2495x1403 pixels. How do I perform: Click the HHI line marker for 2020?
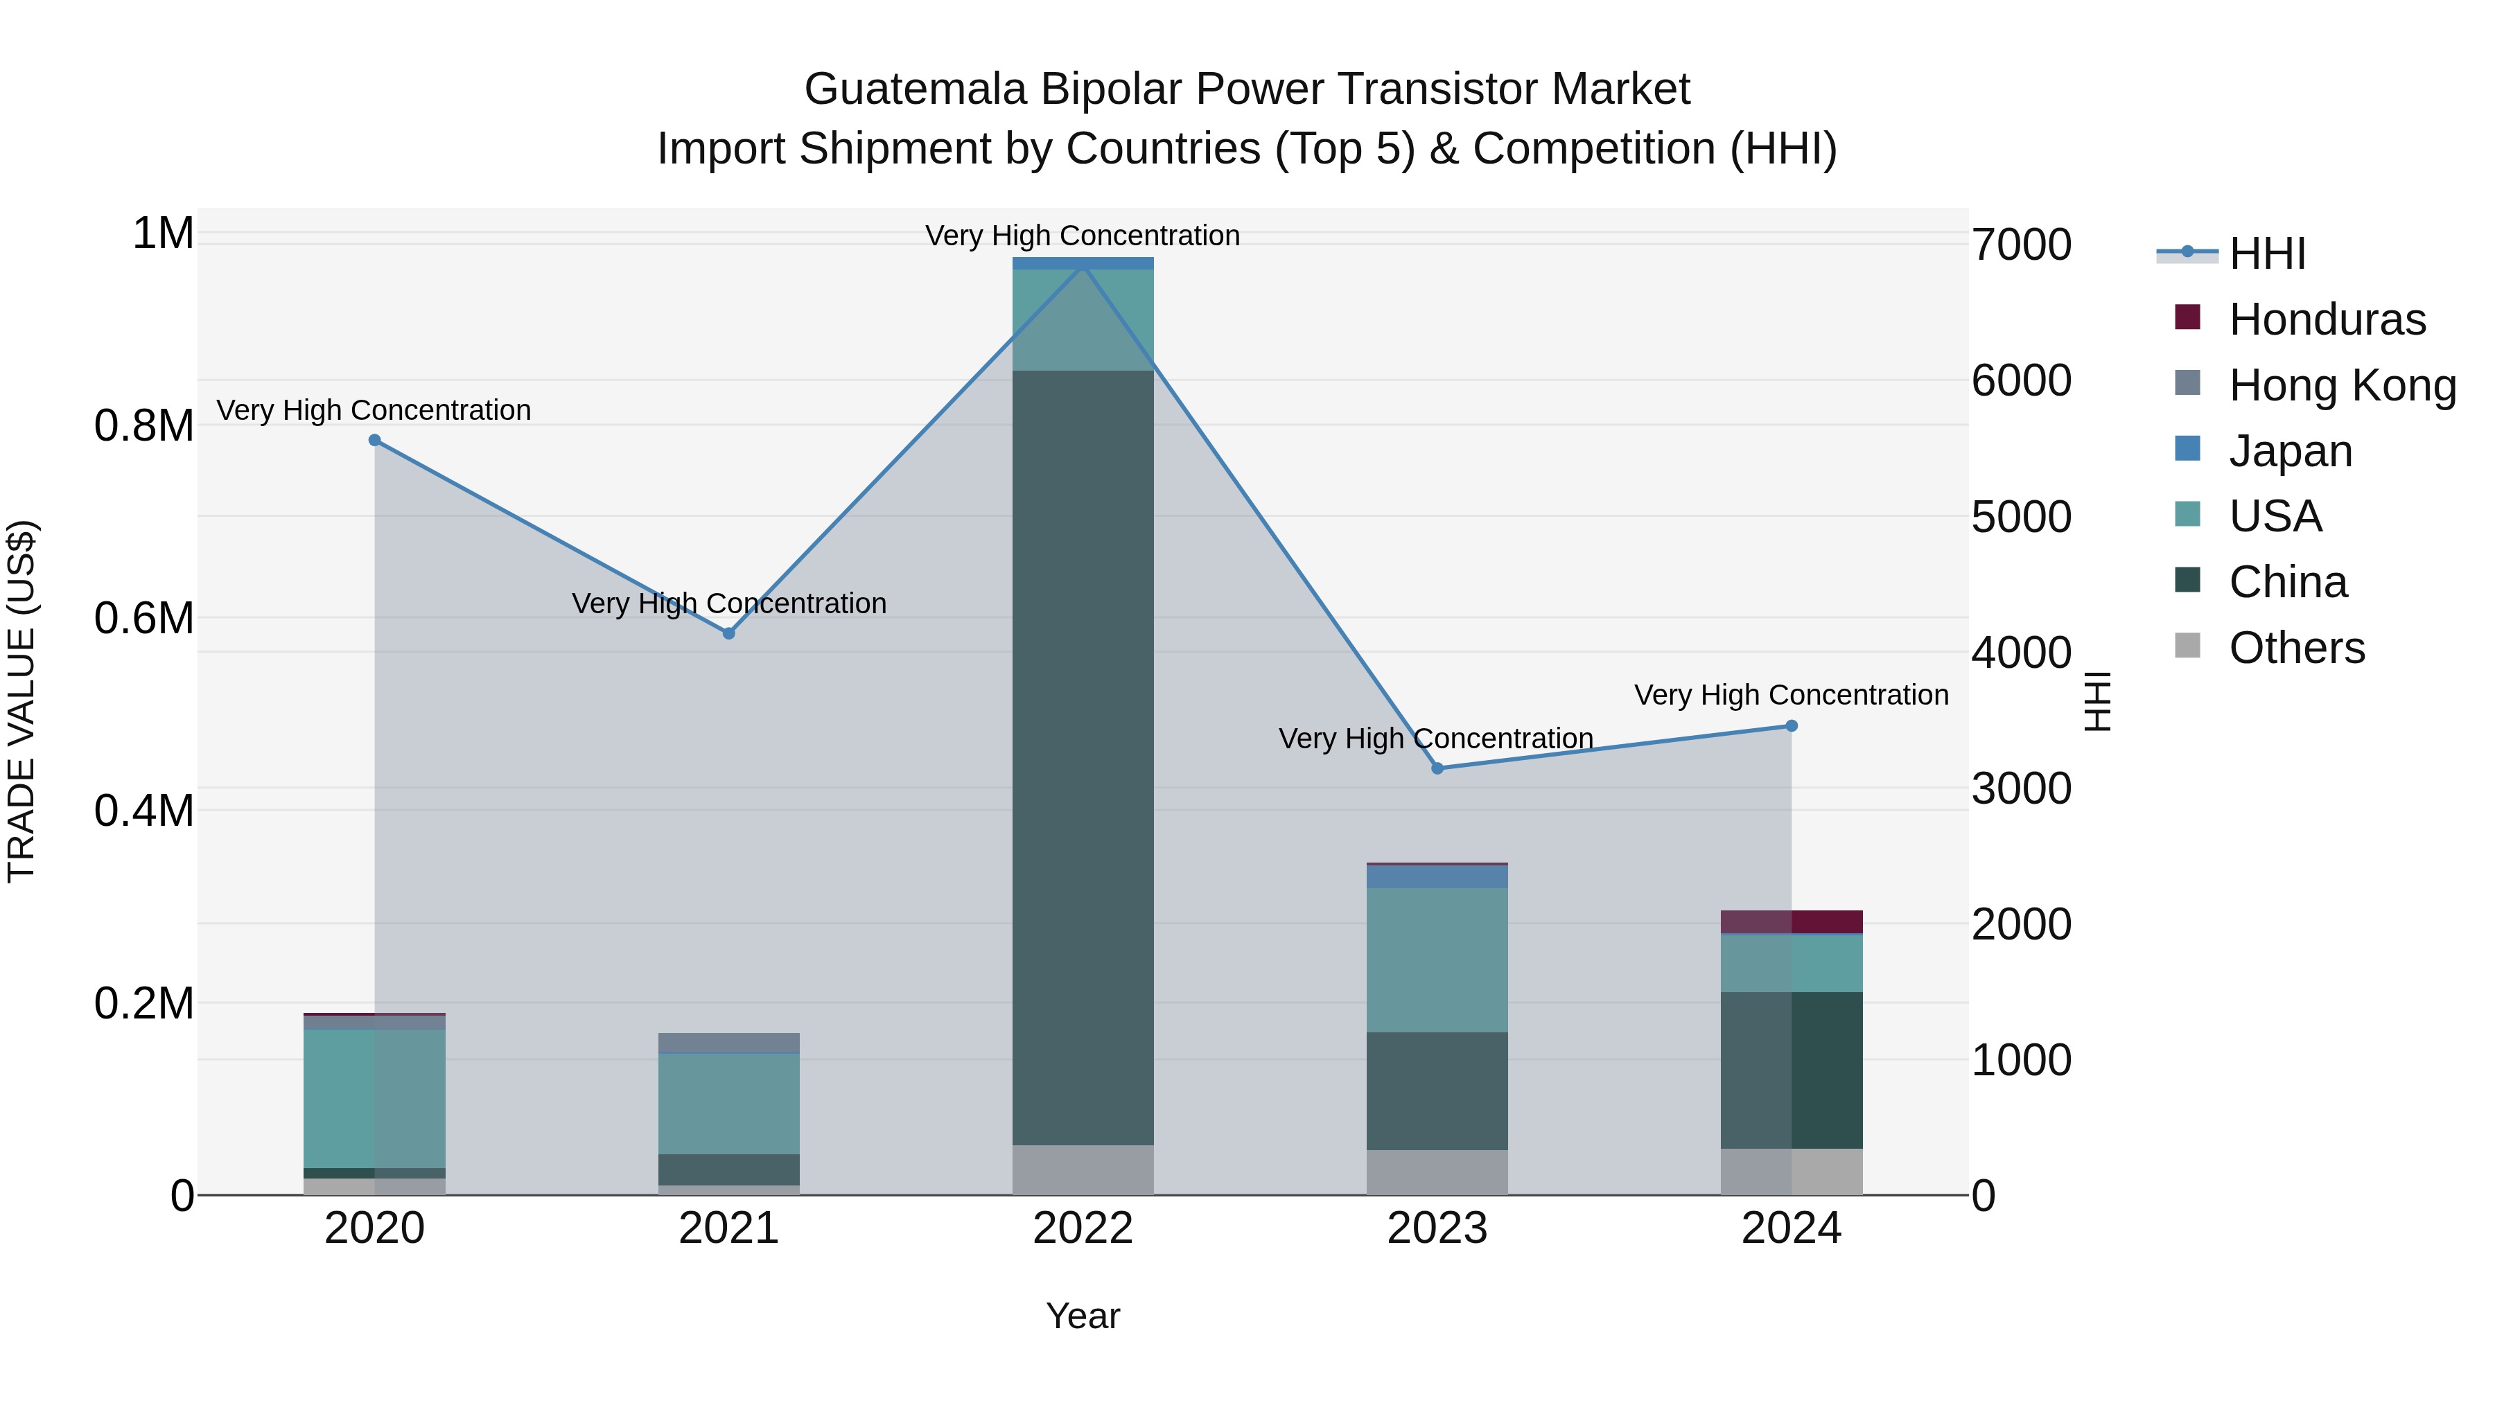click(375, 441)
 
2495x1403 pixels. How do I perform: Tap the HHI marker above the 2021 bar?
click(729, 633)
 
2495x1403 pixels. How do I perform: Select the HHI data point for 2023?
click(1437, 768)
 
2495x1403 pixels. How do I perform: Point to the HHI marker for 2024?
click(1791, 725)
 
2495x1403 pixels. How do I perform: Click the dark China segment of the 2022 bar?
click(1083, 755)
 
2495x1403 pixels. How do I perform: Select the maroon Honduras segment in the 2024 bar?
click(1791, 921)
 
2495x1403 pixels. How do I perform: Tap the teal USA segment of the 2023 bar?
click(1437, 959)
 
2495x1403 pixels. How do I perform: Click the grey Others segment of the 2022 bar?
click(1083, 1170)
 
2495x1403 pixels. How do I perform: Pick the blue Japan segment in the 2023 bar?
click(1437, 876)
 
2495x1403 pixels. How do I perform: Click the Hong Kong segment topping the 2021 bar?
click(729, 1043)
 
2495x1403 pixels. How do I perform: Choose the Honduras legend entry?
click(2327, 319)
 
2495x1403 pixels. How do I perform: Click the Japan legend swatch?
click(2187, 449)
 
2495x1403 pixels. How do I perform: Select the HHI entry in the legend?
click(2266, 254)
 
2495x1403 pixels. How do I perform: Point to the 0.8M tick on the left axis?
click(143, 426)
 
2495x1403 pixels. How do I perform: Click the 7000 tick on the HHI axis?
click(2022, 245)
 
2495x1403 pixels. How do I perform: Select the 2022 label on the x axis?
click(1083, 1228)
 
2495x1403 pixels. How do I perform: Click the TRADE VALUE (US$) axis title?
click(22, 701)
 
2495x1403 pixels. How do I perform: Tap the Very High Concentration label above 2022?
click(1082, 236)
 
